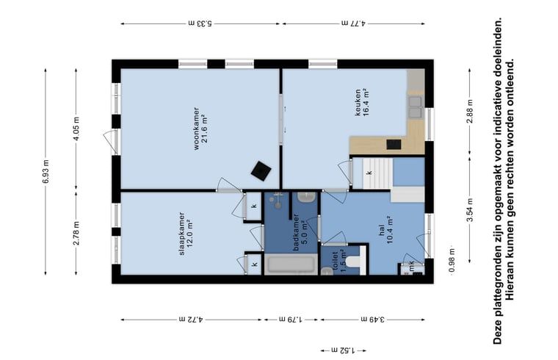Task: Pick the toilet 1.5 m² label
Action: tap(338, 261)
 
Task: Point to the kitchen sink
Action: tap(416, 107)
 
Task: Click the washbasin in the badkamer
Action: tap(307, 198)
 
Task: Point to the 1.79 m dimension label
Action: tap(291, 320)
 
